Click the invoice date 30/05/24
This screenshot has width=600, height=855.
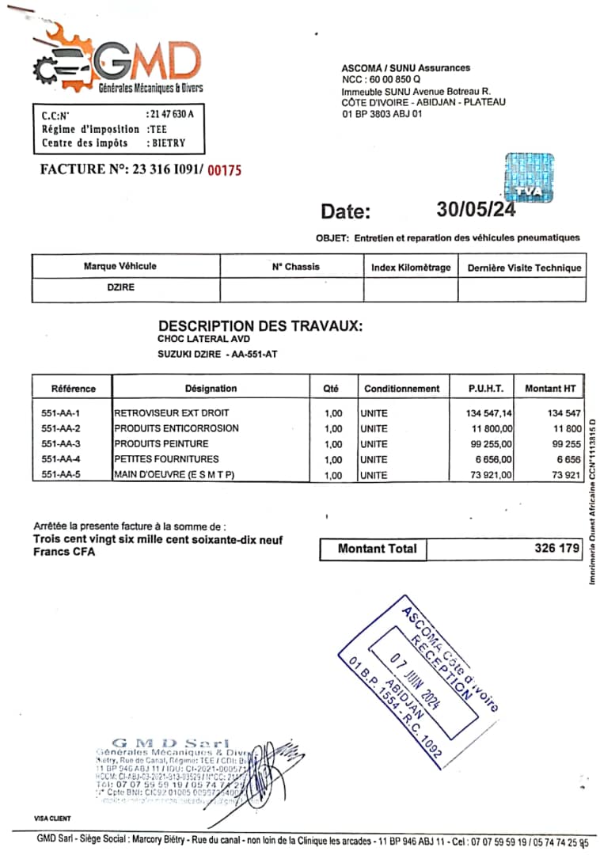(475, 210)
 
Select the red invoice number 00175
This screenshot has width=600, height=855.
(224, 169)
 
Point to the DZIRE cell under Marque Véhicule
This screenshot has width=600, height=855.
(120, 287)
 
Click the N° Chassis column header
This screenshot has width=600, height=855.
(295, 267)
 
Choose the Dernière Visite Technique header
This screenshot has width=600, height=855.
(524, 268)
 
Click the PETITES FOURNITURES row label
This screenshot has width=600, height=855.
(166, 459)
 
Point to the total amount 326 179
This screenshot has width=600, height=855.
(556, 548)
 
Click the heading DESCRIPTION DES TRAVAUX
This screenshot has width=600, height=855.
(260, 325)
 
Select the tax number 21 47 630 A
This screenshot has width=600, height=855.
(171, 114)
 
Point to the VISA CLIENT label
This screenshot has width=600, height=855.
(52, 818)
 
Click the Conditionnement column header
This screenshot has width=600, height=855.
(401, 389)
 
